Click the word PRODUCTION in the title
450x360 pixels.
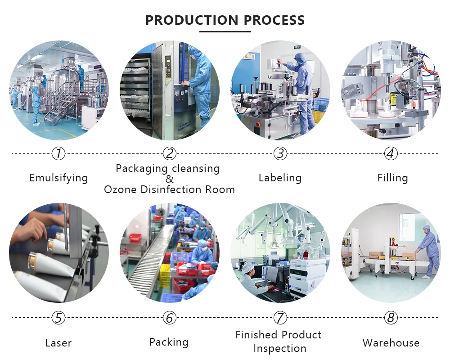click(x=192, y=20)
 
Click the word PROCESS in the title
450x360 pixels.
click(x=274, y=20)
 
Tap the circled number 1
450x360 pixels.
click(x=58, y=154)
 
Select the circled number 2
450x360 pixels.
click(x=169, y=154)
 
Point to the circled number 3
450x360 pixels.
click(x=280, y=154)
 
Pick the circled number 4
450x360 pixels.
click(x=391, y=154)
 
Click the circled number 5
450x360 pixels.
click(x=58, y=318)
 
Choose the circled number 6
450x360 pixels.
click(x=169, y=318)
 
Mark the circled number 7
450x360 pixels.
click(x=280, y=318)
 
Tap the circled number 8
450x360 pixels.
click(x=391, y=318)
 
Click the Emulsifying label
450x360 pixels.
click(x=58, y=178)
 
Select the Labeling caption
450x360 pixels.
click(x=280, y=178)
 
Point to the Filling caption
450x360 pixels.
click(x=392, y=178)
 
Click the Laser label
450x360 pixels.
click(x=58, y=343)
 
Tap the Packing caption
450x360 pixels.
click(x=169, y=342)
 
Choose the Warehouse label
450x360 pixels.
click(x=391, y=343)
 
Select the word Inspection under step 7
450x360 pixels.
click(x=280, y=349)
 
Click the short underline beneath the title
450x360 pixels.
click(x=225, y=31)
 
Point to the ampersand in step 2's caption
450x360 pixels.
click(x=169, y=179)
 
